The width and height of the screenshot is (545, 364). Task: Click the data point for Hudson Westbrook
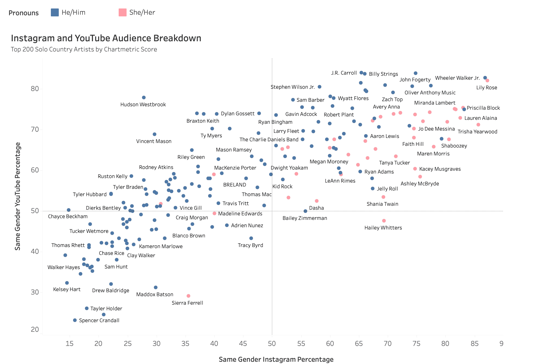[x=144, y=97]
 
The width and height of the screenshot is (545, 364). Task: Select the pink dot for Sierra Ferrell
[x=188, y=296]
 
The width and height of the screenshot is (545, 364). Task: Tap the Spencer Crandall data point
[x=75, y=320]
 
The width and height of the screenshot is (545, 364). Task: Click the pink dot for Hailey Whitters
[x=384, y=221]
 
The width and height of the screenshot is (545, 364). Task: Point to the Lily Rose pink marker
[x=487, y=81]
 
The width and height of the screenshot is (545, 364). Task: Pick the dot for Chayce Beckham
[x=69, y=210]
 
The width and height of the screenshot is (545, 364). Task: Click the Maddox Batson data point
[x=156, y=287]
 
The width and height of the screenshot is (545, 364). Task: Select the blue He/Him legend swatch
[x=55, y=12]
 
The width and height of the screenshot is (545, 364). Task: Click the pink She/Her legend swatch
[x=123, y=12]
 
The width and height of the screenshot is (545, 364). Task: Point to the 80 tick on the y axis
[x=35, y=89]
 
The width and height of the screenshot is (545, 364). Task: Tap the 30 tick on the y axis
[x=35, y=292]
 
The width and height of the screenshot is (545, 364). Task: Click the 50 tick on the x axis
[x=272, y=344]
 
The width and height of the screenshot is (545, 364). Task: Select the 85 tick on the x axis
[x=475, y=344]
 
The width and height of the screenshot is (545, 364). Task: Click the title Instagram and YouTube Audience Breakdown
[x=106, y=38]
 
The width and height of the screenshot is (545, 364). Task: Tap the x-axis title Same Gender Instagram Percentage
[x=276, y=359]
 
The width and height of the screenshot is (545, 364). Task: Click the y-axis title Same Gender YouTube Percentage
[x=18, y=196]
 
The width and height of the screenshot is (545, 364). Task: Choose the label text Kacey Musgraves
[x=440, y=169]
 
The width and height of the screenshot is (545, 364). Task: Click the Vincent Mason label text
[x=154, y=141]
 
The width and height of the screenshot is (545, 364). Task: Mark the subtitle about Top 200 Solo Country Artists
[x=84, y=49]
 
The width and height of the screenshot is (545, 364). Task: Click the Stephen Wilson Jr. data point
[x=320, y=87]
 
